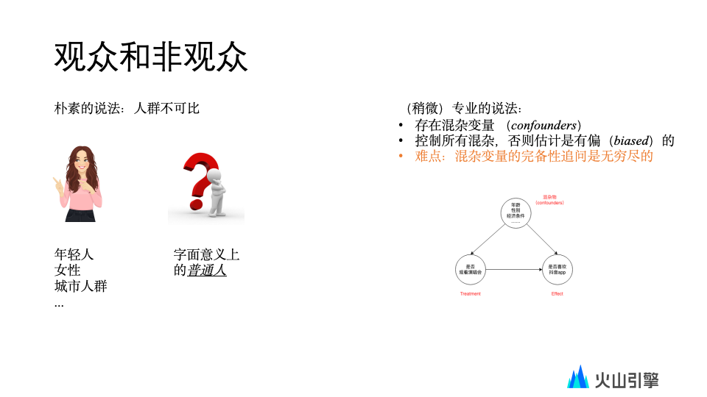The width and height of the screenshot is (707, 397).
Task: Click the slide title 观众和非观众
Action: coord(151,57)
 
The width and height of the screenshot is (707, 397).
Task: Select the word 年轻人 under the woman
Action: coord(74,254)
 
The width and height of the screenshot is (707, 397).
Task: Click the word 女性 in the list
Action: coord(68,270)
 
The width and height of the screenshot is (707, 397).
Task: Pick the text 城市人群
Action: coord(81,286)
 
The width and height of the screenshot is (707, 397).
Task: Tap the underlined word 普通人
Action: coord(207,270)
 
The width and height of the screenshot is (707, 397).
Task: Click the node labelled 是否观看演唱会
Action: coord(471,269)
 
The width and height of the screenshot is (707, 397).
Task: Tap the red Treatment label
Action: coord(470,294)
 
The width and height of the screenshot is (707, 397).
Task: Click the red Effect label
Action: coord(557,294)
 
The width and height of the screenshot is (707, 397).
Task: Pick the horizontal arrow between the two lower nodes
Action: coord(515,269)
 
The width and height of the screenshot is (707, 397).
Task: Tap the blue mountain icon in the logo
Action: coord(578,378)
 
